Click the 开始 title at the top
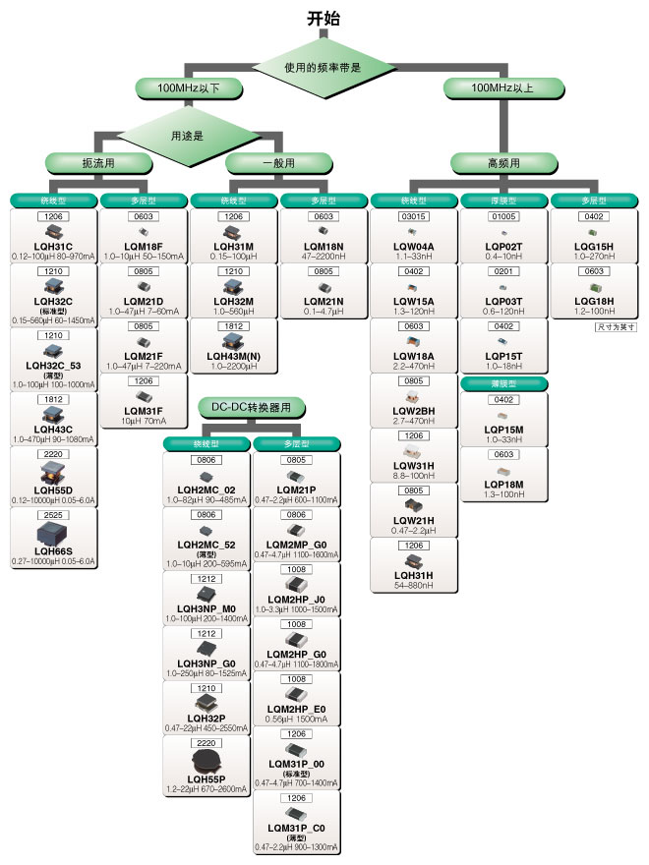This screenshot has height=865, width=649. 324,18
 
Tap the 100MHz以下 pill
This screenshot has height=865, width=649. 189,89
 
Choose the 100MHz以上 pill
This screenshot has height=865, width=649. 502,89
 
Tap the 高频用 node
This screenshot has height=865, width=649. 503,162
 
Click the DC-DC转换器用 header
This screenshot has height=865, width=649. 252,406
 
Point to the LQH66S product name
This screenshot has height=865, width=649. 54,551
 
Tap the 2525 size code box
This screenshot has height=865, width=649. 54,514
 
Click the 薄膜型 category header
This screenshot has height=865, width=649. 503,383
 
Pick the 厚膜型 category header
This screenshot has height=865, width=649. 503,202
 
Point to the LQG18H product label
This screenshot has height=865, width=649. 595,301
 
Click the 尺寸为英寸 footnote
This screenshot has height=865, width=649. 617,325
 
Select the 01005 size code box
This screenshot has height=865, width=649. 503,216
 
